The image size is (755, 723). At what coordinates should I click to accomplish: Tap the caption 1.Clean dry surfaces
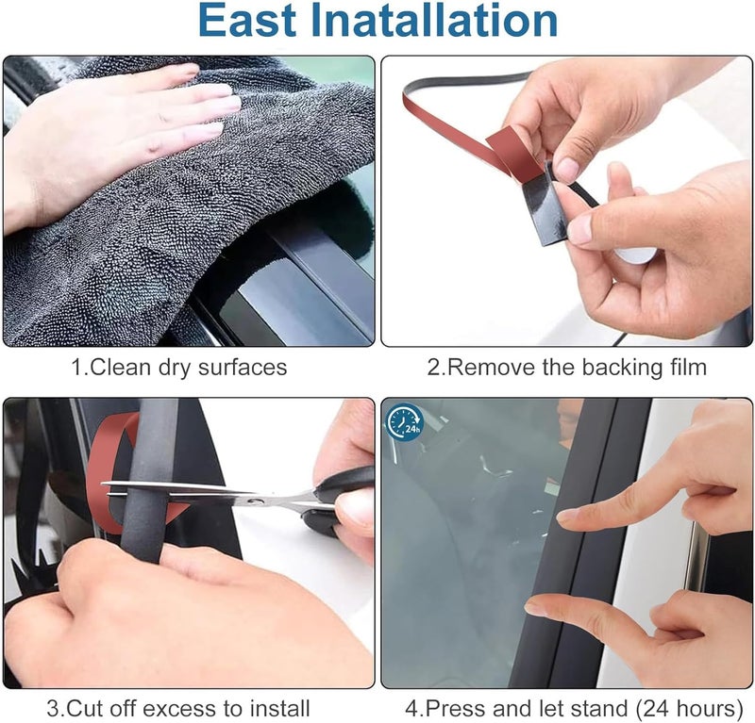pos(179,367)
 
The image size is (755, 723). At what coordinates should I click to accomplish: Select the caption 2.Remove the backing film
pos(566,367)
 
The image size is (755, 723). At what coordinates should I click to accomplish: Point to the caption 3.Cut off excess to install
pos(178,707)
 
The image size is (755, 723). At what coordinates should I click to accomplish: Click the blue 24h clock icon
pos(405,421)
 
